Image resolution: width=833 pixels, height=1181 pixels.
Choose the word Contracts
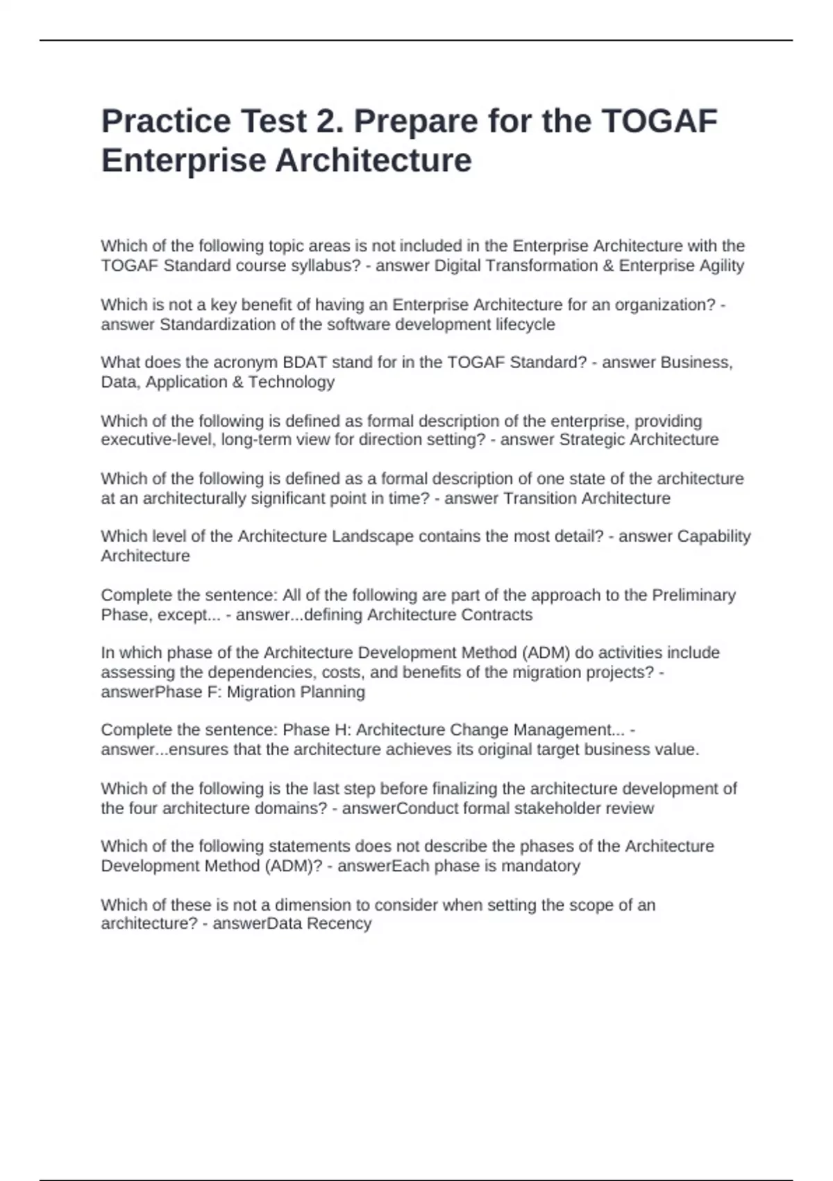coord(499,615)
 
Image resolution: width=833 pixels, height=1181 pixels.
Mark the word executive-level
coord(158,440)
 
